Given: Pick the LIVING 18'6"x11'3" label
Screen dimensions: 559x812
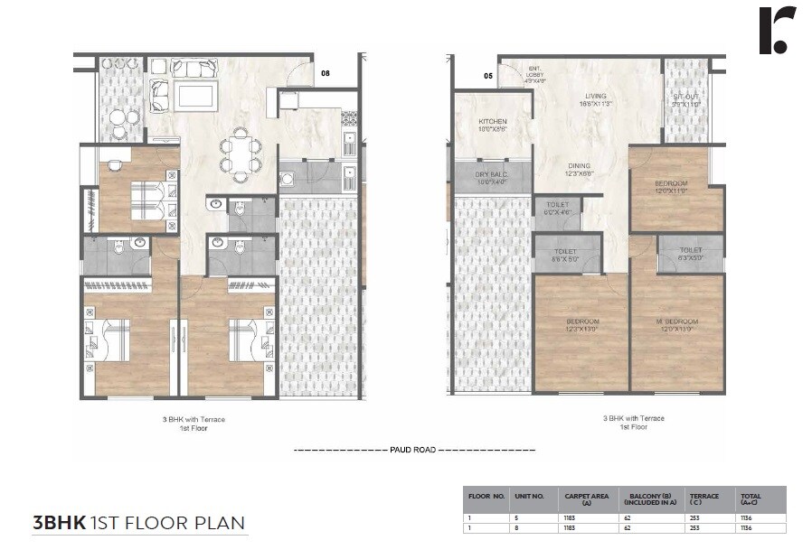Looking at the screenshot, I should coord(595,98).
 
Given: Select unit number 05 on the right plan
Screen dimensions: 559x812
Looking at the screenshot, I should coord(488,77).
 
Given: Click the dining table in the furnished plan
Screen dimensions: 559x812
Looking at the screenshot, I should coord(241,151).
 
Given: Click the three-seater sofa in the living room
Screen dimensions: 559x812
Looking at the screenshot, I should coord(195,68).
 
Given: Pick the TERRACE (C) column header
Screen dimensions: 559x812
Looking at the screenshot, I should coord(704,498).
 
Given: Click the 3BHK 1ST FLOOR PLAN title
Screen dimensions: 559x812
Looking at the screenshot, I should coord(138,523).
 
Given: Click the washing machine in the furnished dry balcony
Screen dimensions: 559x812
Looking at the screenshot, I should coord(288,179).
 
